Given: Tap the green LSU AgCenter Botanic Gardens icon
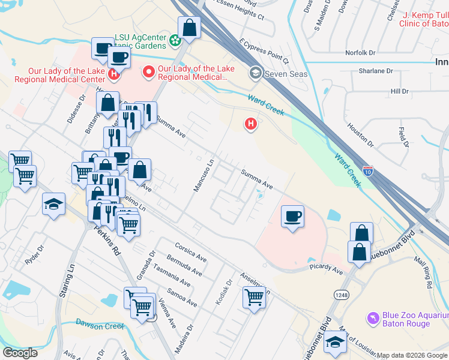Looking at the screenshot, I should coord(175,41).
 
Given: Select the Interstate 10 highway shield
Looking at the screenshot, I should coord(367,171).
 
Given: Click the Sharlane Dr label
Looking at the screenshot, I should coord(375,71).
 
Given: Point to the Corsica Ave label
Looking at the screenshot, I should coord(190,248).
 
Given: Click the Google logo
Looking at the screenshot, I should coord(20,353).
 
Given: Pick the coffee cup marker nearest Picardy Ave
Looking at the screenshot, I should coord(292,216).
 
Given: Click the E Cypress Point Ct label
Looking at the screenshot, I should coord(264,52).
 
